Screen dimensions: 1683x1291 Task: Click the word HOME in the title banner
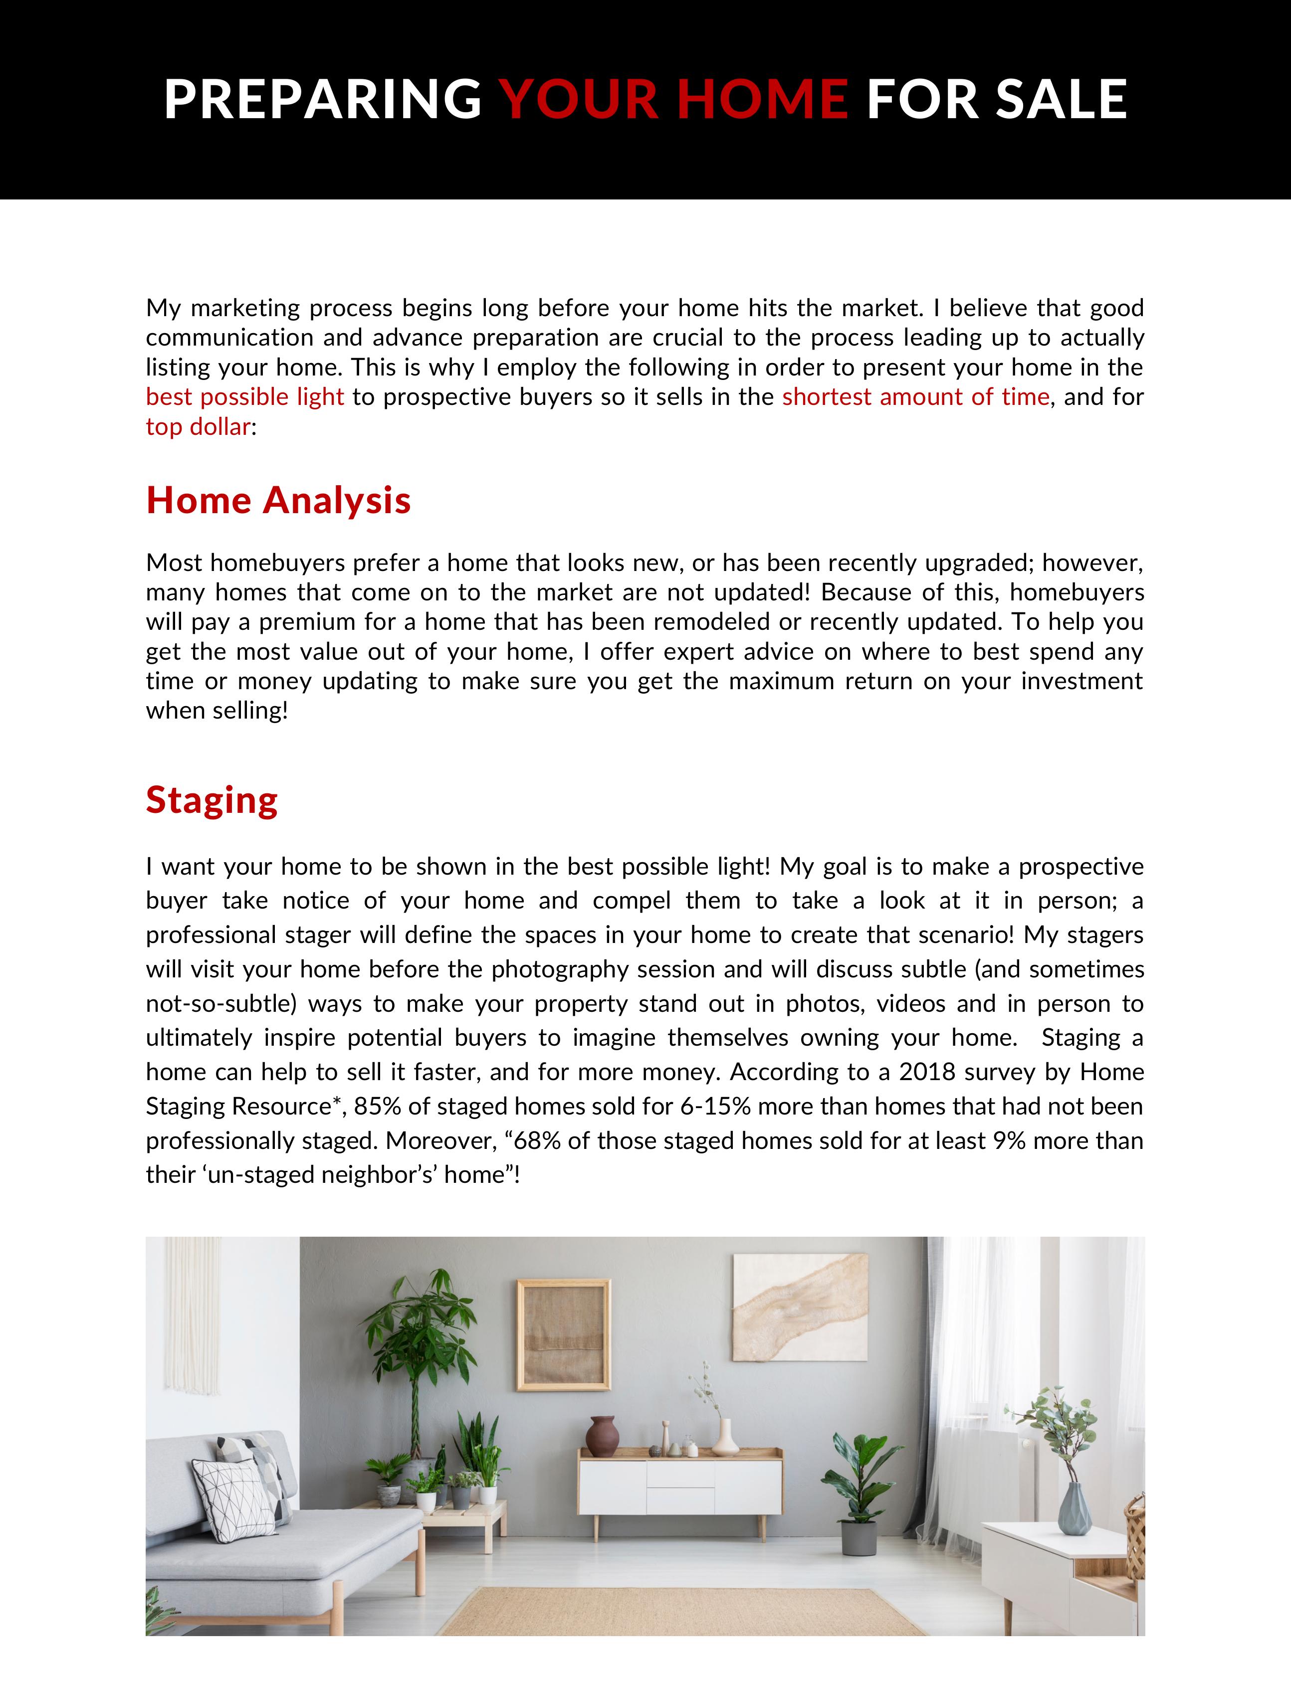pos(762,99)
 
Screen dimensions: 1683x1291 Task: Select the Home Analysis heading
pos(278,500)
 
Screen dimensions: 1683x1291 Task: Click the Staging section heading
pos(212,800)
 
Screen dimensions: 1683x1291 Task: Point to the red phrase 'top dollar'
pos(198,426)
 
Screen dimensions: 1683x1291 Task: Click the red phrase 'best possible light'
pos(245,396)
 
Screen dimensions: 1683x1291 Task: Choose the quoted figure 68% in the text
pos(537,1140)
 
